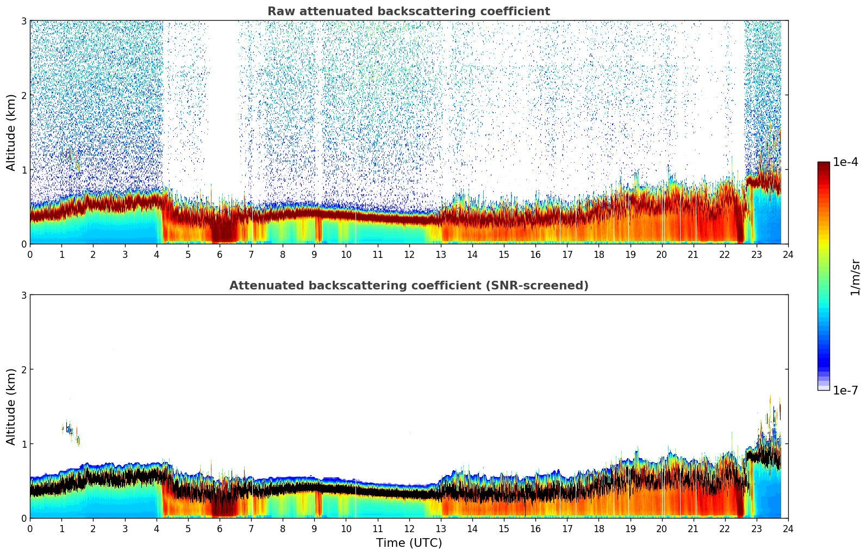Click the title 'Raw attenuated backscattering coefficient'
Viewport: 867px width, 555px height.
409,11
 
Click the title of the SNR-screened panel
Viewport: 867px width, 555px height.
409,286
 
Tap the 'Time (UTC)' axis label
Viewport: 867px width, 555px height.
409,543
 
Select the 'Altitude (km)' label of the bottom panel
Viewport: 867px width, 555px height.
11,406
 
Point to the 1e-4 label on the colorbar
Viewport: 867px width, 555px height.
845,162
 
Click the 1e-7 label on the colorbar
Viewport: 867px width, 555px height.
845,390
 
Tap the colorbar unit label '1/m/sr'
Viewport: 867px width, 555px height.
855,277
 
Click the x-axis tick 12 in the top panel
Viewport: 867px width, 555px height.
409,254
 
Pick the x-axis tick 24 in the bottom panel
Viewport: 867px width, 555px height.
788,528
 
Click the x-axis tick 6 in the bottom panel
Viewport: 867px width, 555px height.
220,528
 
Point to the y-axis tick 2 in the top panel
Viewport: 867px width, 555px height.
23,95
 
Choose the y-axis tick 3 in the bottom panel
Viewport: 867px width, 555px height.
23,295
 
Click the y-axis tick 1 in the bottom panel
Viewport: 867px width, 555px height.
23,444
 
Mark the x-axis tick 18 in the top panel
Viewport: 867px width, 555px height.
598,254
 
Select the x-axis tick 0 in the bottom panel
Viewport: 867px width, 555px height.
30,528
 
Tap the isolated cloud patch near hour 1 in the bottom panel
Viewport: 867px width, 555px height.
68,429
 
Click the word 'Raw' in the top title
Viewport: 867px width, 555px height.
279,11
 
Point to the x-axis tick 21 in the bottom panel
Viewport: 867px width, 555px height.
693,528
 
